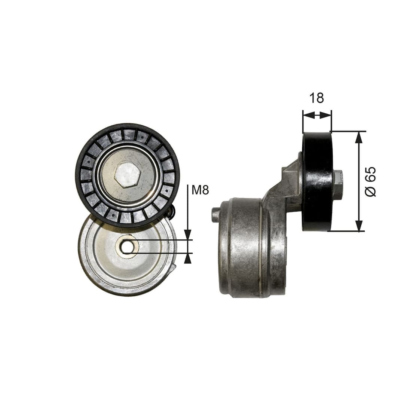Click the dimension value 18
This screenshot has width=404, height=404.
[x=316, y=98]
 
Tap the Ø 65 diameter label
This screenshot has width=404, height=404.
[x=370, y=181]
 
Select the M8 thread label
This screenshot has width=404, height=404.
[x=200, y=190]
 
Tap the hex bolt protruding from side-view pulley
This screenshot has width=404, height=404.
[x=337, y=184]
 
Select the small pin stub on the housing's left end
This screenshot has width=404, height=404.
[x=215, y=215]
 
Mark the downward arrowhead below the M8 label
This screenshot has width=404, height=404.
[x=188, y=235]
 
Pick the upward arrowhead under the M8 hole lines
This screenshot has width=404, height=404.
[x=188, y=258]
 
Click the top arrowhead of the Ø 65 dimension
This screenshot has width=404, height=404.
[x=359, y=137]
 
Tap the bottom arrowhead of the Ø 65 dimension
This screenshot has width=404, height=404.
[x=359, y=226]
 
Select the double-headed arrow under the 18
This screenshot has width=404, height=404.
[x=317, y=115]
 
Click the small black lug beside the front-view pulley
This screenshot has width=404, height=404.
[x=171, y=212]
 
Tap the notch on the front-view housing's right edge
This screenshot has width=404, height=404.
[x=174, y=268]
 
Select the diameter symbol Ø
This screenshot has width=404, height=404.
[x=370, y=191]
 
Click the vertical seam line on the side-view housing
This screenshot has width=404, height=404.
[x=261, y=247]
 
